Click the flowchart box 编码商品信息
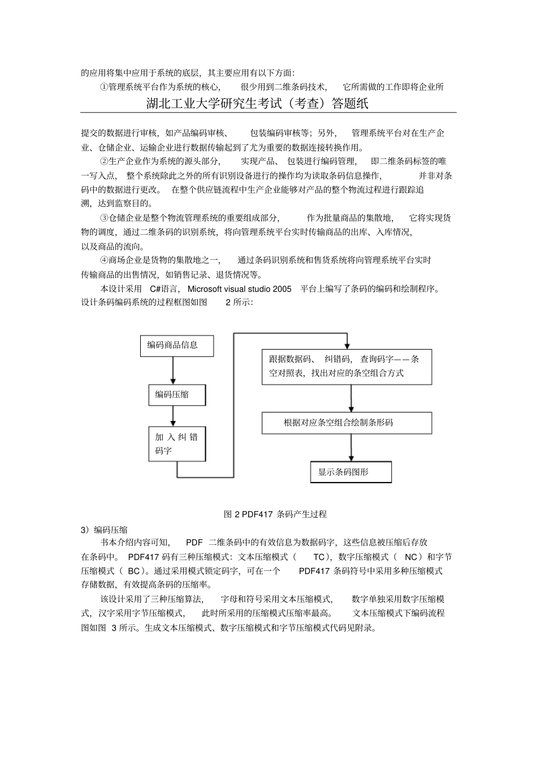(177, 345)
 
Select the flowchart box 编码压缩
(177, 394)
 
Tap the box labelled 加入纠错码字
(177, 444)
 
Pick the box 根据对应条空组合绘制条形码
(347, 423)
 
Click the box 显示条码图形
(350, 472)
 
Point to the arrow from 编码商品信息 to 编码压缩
(174, 371)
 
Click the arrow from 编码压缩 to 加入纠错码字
(174, 415)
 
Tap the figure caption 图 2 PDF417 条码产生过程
(275, 514)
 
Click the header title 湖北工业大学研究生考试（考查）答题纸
(257, 104)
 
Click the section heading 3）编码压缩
(105, 530)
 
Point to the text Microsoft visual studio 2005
(240, 289)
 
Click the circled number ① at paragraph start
(103, 87)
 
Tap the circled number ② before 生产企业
(103, 162)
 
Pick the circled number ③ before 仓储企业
(103, 218)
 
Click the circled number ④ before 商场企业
(103, 260)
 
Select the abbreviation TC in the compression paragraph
(319, 557)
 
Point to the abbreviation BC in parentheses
(134, 571)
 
